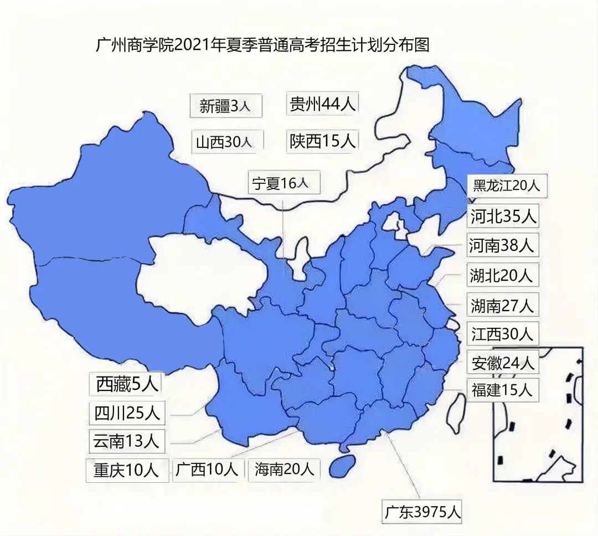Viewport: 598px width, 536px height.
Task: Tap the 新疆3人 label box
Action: [225, 106]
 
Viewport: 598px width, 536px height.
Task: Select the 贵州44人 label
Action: [323, 104]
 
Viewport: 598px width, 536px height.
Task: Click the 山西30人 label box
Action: [225, 142]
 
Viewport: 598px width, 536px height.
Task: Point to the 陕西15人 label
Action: [323, 141]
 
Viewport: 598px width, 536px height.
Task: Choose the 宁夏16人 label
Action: [283, 183]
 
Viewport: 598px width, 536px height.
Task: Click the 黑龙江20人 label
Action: [506, 185]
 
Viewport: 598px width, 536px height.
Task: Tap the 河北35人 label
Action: [503, 217]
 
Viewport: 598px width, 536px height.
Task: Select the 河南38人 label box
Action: [502, 245]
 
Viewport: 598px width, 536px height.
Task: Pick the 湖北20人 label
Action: [502, 275]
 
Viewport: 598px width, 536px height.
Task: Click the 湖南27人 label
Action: [502, 305]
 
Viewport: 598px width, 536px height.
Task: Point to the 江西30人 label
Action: [502, 334]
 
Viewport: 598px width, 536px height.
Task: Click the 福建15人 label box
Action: [502, 390]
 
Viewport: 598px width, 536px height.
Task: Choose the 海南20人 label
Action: [284, 470]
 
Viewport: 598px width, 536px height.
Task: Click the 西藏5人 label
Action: [128, 384]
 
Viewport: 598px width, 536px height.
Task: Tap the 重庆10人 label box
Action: [126, 470]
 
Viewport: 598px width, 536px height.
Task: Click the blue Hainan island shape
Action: [343, 466]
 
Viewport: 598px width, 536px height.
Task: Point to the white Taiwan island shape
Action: [457, 413]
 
